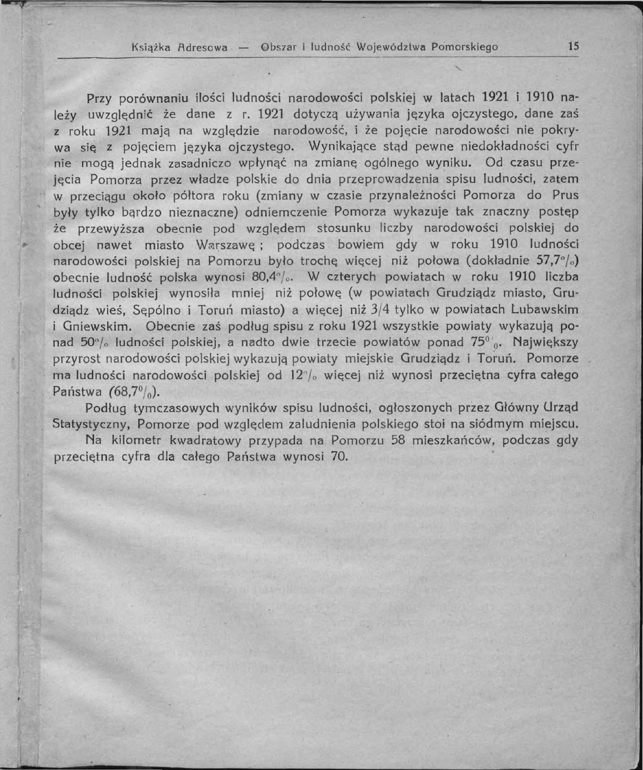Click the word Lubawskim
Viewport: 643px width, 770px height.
(x=545, y=310)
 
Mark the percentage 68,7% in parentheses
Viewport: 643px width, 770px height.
(x=131, y=392)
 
